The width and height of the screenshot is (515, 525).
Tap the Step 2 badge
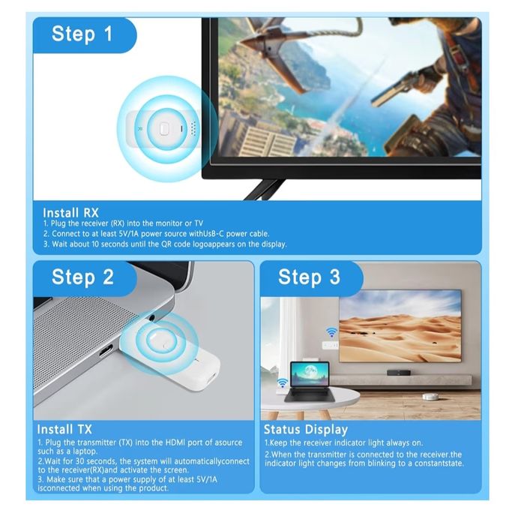click(82, 277)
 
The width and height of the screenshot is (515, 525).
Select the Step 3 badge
click(309, 277)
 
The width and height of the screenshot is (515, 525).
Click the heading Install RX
click(70, 212)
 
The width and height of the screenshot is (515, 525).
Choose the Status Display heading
click(306, 430)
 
